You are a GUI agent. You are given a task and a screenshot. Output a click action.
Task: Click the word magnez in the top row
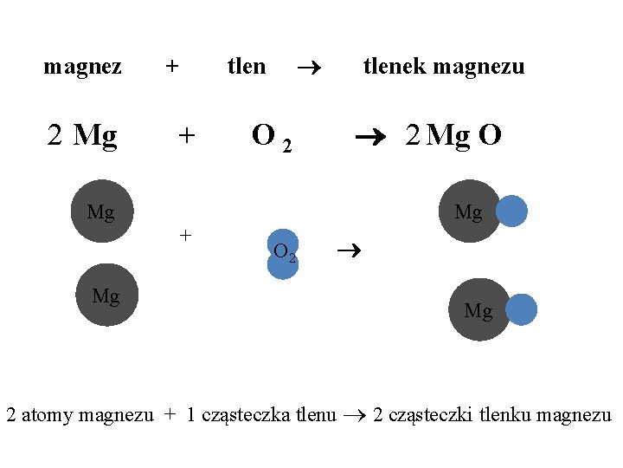[82, 67]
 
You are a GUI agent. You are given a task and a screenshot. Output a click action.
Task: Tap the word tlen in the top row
[247, 66]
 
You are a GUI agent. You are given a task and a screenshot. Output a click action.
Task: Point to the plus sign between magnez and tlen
[172, 67]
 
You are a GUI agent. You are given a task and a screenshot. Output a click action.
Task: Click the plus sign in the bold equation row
[186, 135]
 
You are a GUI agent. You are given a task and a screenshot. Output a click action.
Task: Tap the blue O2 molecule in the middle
[283, 254]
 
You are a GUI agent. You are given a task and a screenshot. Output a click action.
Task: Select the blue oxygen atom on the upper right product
[511, 211]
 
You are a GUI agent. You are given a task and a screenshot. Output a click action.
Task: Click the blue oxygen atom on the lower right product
[521, 309]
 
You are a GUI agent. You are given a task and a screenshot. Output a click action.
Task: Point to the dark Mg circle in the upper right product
[468, 211]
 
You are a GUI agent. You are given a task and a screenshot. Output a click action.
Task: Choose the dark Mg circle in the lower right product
[478, 309]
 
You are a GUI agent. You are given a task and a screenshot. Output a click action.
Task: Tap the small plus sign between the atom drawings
[184, 234]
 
